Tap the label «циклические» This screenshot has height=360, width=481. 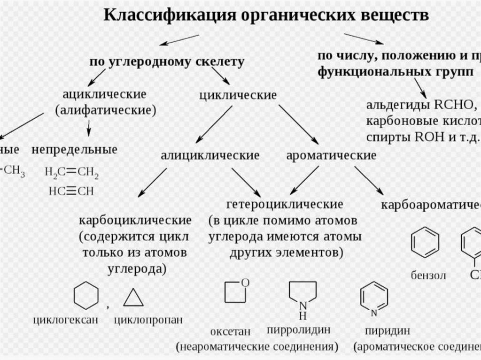[238, 95]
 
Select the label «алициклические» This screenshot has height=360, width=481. [210, 155]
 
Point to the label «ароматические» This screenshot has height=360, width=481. [331, 155]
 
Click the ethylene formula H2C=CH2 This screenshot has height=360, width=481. [72, 173]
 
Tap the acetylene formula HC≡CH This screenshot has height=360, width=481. [71, 191]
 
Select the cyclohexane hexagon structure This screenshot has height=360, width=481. [86, 296]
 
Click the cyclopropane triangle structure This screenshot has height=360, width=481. [133, 297]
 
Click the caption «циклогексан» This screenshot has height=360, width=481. [66, 321]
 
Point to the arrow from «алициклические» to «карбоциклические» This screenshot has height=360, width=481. [152, 183]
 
